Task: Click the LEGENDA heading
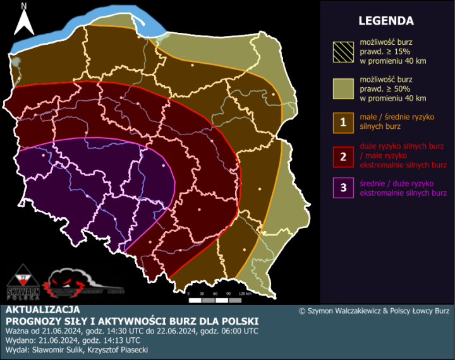point(385,21)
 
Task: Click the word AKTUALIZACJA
point(42,310)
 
